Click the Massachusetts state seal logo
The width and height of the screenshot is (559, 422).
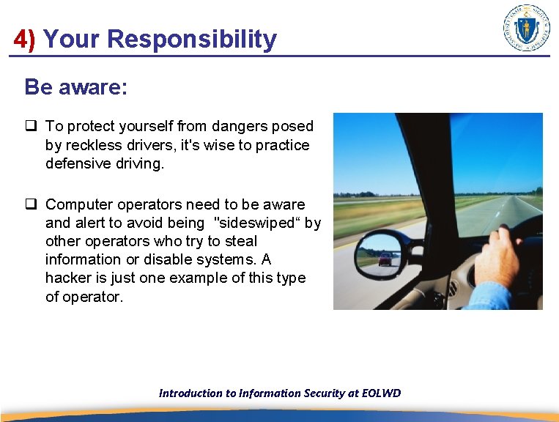pos(527,28)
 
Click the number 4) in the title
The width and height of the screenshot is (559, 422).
pos(24,40)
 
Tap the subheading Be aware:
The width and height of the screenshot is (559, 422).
pos(76,87)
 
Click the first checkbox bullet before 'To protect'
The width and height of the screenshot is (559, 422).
pos(32,127)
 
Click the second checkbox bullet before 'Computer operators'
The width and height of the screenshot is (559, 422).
pos(32,204)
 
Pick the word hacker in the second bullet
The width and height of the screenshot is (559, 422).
pos(67,278)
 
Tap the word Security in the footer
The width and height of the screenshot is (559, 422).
pos(322,393)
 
